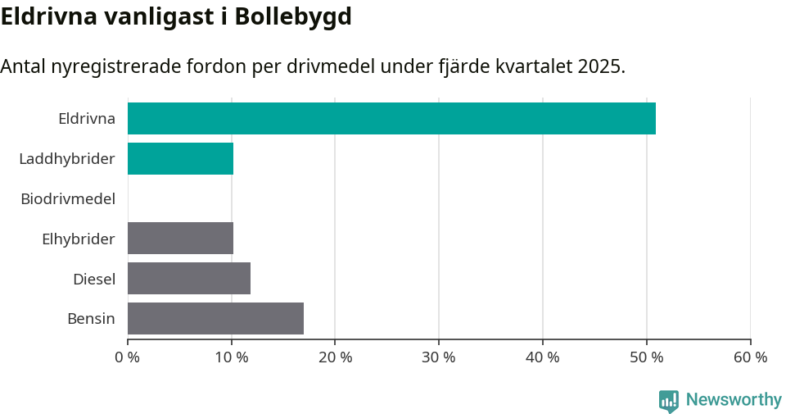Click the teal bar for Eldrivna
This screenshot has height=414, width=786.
pos(391,118)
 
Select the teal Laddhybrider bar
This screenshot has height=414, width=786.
pos(180,158)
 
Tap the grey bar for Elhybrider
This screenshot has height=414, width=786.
pos(180,239)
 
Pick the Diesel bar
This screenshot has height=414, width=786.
pos(189,279)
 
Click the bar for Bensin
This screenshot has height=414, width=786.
pos(215,319)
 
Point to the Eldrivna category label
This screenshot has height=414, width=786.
pos(87,119)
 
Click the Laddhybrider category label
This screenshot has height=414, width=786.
pos(67,159)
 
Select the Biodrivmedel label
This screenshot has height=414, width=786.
pos(68,198)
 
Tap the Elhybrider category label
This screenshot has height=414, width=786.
pos(79,239)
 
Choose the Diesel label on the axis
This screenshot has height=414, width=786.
pos(94,280)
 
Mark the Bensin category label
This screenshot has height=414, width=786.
pos(91,319)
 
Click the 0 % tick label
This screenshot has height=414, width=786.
pos(128,357)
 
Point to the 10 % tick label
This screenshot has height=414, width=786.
pos(232,357)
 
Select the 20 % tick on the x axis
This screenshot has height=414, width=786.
pos(335,357)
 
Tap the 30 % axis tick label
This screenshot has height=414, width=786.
pos(439,357)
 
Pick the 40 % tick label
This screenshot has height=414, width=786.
pos(543,357)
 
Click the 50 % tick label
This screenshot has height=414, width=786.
pos(647,357)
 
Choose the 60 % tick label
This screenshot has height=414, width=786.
pos(750,357)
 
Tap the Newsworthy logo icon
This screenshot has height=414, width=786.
pos(668,400)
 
